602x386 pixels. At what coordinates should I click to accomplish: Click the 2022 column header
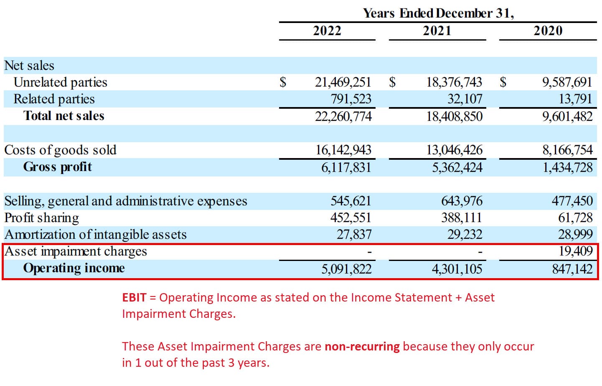pos(327,31)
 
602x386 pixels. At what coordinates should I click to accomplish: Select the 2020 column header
pos(548,31)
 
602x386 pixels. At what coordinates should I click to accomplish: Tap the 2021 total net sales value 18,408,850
pos(454,116)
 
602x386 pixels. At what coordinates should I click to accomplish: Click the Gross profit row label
pos(57,167)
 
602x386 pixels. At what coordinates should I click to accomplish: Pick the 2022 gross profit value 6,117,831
pos(346,167)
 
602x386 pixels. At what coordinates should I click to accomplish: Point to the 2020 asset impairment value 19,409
pos(576,251)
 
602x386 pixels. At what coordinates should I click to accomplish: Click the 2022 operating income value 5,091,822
pos(346,268)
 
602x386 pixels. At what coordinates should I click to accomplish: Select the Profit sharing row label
pos(41,218)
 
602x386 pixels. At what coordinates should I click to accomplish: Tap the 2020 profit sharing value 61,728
pos(575,217)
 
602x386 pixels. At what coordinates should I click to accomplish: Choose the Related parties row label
pos(54,99)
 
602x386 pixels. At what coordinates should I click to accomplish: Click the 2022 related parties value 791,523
pos(351,99)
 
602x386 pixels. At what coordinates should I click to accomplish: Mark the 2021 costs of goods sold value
pos(454,150)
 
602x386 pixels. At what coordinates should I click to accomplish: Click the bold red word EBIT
pos(134,297)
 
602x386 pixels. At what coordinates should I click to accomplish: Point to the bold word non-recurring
pos(362,346)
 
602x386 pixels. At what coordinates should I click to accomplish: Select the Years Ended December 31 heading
pos(438,13)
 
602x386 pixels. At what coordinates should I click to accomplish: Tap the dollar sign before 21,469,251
pos(283,82)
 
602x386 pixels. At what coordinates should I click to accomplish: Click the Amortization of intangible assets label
pos(95,235)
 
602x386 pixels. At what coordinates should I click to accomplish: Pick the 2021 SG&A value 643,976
pos(462,201)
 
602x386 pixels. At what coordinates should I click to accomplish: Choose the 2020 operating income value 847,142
pos(572,268)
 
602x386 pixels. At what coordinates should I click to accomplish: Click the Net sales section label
pos(29,66)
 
